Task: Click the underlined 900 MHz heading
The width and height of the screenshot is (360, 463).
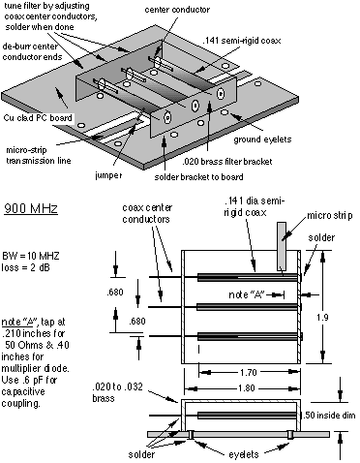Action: coord(31,208)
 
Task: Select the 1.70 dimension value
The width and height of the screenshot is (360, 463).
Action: coord(248,373)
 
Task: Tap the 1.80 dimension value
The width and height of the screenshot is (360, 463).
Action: coord(247,387)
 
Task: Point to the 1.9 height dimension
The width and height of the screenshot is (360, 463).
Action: coord(322,318)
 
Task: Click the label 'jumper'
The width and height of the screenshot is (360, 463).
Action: coord(108,175)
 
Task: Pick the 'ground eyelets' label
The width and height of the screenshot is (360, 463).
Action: coord(262,139)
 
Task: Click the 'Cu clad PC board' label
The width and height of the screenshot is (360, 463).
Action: coord(38,117)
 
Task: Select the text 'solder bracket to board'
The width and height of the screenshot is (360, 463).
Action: coord(198,177)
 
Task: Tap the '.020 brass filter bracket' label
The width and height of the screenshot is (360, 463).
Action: coord(227,161)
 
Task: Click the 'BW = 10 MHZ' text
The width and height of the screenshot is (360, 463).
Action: coord(31,256)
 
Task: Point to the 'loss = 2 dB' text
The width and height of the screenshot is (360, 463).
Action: coord(26,267)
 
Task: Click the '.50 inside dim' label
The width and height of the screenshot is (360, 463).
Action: coord(329,415)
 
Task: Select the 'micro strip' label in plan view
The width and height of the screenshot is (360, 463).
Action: coord(329,215)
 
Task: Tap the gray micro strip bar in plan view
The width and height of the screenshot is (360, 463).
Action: coord(282,246)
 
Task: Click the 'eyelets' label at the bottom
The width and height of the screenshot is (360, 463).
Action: coord(244,454)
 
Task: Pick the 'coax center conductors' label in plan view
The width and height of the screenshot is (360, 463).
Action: coord(147,213)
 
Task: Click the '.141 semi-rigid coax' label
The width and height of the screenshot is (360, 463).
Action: coord(242,41)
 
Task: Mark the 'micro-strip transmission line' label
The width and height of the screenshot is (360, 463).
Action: coord(39,155)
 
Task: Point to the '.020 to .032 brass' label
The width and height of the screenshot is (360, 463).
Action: coord(117,392)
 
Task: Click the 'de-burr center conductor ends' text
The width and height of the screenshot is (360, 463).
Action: coord(32,51)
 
